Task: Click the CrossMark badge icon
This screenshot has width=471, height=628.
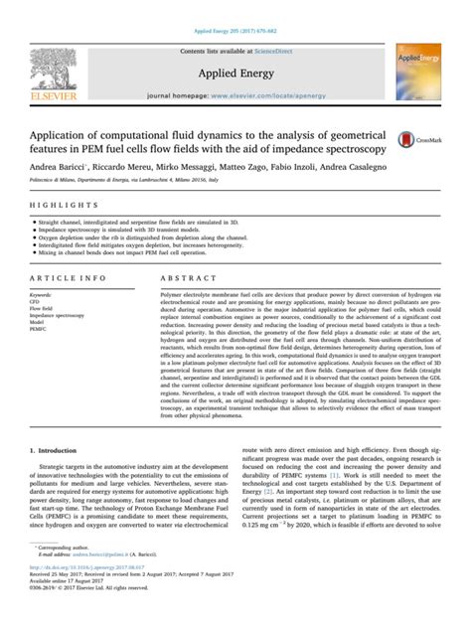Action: (409, 142)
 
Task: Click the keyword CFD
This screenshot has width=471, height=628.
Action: (38, 303)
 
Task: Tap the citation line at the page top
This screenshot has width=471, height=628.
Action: (235, 6)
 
